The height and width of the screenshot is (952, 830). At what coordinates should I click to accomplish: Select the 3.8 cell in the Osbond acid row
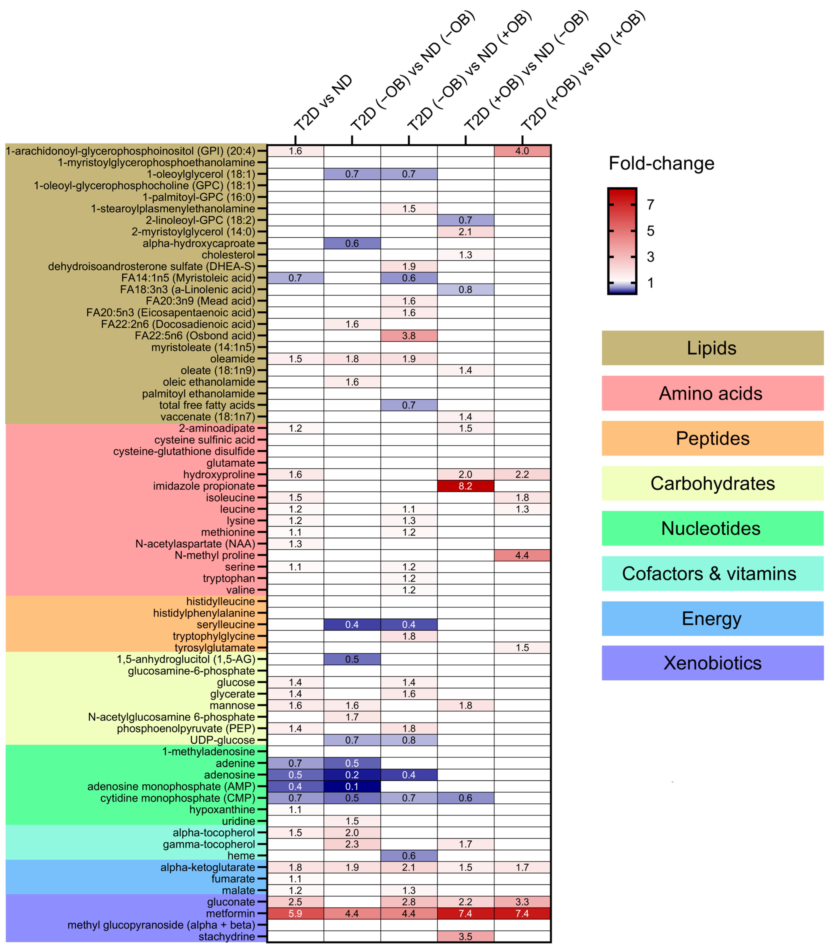409,336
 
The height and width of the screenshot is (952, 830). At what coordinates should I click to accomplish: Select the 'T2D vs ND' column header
323,103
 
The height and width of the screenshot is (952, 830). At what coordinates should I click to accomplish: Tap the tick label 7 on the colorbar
650,204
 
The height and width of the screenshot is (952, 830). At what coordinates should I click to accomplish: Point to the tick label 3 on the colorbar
650,257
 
